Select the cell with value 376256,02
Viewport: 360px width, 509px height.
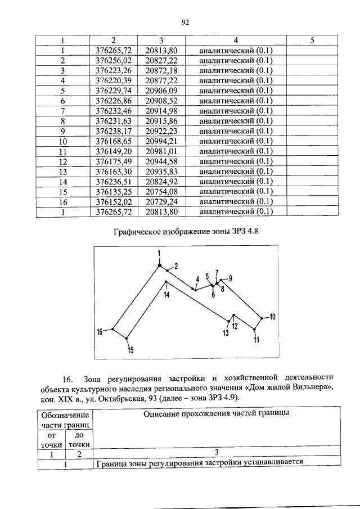(114, 61)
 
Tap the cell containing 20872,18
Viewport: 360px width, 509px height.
(161, 71)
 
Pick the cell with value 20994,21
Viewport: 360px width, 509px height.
(161, 141)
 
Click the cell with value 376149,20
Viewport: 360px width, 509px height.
(114, 151)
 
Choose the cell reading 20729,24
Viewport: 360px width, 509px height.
(161, 201)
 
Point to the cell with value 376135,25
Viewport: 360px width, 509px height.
(114, 191)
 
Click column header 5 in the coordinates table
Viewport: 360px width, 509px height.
(312, 40)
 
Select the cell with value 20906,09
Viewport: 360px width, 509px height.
(161, 91)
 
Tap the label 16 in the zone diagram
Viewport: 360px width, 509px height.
(100, 332)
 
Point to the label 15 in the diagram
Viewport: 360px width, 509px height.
(130, 350)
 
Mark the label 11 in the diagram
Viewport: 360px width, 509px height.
(256, 339)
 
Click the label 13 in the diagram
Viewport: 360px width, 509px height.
(226, 333)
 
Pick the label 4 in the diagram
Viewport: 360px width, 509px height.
(197, 280)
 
